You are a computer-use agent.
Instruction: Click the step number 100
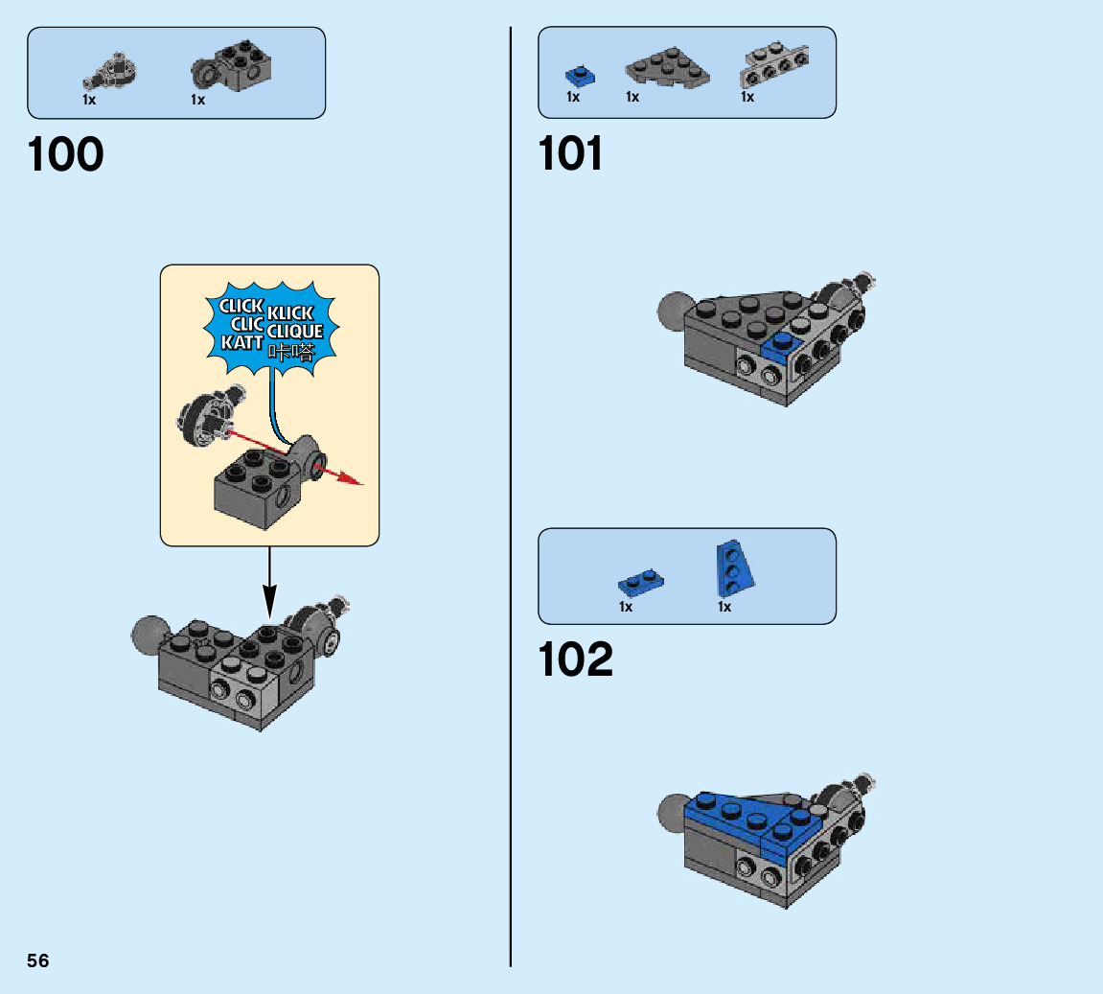(x=66, y=155)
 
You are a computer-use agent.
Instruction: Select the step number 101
(x=571, y=154)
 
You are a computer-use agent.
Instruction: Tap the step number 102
(x=576, y=659)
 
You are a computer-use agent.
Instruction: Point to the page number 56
(x=38, y=960)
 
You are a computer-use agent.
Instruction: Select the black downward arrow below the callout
(x=269, y=585)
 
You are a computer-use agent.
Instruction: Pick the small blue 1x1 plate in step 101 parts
(x=578, y=75)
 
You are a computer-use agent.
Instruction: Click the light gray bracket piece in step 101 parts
(x=775, y=64)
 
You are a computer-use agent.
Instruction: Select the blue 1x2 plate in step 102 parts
(x=641, y=581)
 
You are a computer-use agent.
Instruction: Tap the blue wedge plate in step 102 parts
(x=734, y=567)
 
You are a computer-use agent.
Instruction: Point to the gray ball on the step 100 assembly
(x=149, y=634)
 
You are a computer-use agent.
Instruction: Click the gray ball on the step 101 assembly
(x=676, y=311)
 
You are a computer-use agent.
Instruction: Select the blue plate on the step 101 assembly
(x=783, y=346)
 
